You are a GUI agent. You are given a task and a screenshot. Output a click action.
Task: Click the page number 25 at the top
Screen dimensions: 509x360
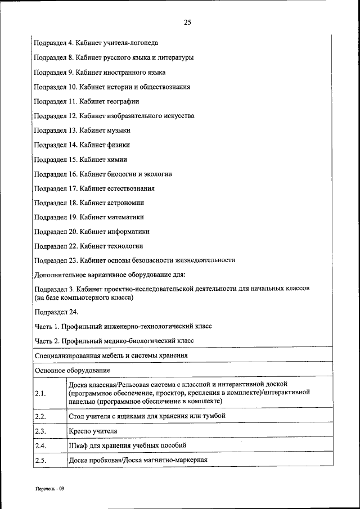(187, 22)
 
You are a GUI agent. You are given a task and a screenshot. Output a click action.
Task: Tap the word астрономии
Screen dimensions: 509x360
(127, 203)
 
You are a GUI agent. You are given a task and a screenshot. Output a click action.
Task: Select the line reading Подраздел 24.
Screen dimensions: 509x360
(56, 312)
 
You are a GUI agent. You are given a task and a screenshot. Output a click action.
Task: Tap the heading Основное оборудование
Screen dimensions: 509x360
(72, 371)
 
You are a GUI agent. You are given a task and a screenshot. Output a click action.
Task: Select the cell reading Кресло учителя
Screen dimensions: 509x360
(93, 431)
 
